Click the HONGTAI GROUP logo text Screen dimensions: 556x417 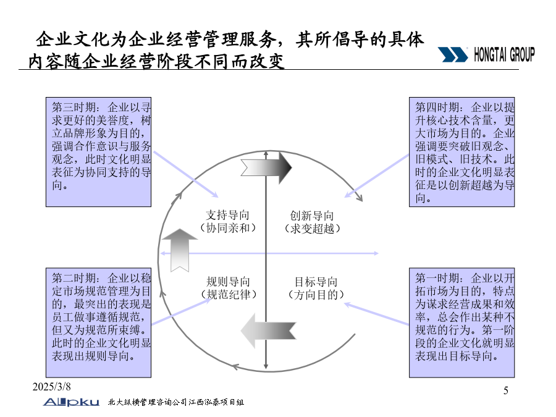504,55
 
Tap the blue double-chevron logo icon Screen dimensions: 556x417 453,54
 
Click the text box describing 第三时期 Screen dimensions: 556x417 99,152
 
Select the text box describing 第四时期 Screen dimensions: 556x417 461,152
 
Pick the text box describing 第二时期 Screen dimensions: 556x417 99,322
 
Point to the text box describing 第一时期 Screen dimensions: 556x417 461,322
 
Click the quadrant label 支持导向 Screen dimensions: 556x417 227,215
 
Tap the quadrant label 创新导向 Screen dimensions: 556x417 312,216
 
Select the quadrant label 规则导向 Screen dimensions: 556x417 229,282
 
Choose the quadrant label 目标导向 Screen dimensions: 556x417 316,282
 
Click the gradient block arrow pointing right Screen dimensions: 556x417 266,167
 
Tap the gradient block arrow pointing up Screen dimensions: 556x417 179,250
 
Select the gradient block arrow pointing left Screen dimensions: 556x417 269,331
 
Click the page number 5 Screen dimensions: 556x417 506,390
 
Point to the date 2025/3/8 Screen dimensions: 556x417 52,387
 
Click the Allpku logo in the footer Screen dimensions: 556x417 71,402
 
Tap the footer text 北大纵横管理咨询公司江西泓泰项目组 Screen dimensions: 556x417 176,402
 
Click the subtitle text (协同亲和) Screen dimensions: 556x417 227,227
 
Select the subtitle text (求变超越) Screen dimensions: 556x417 312,229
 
